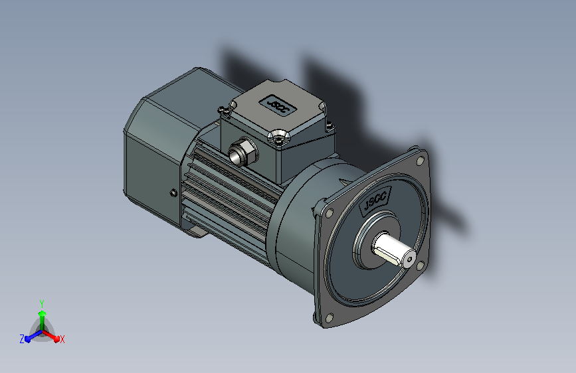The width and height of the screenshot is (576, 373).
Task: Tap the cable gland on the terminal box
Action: coord(242,151)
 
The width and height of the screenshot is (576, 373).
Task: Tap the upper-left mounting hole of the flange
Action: coord(329,212)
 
